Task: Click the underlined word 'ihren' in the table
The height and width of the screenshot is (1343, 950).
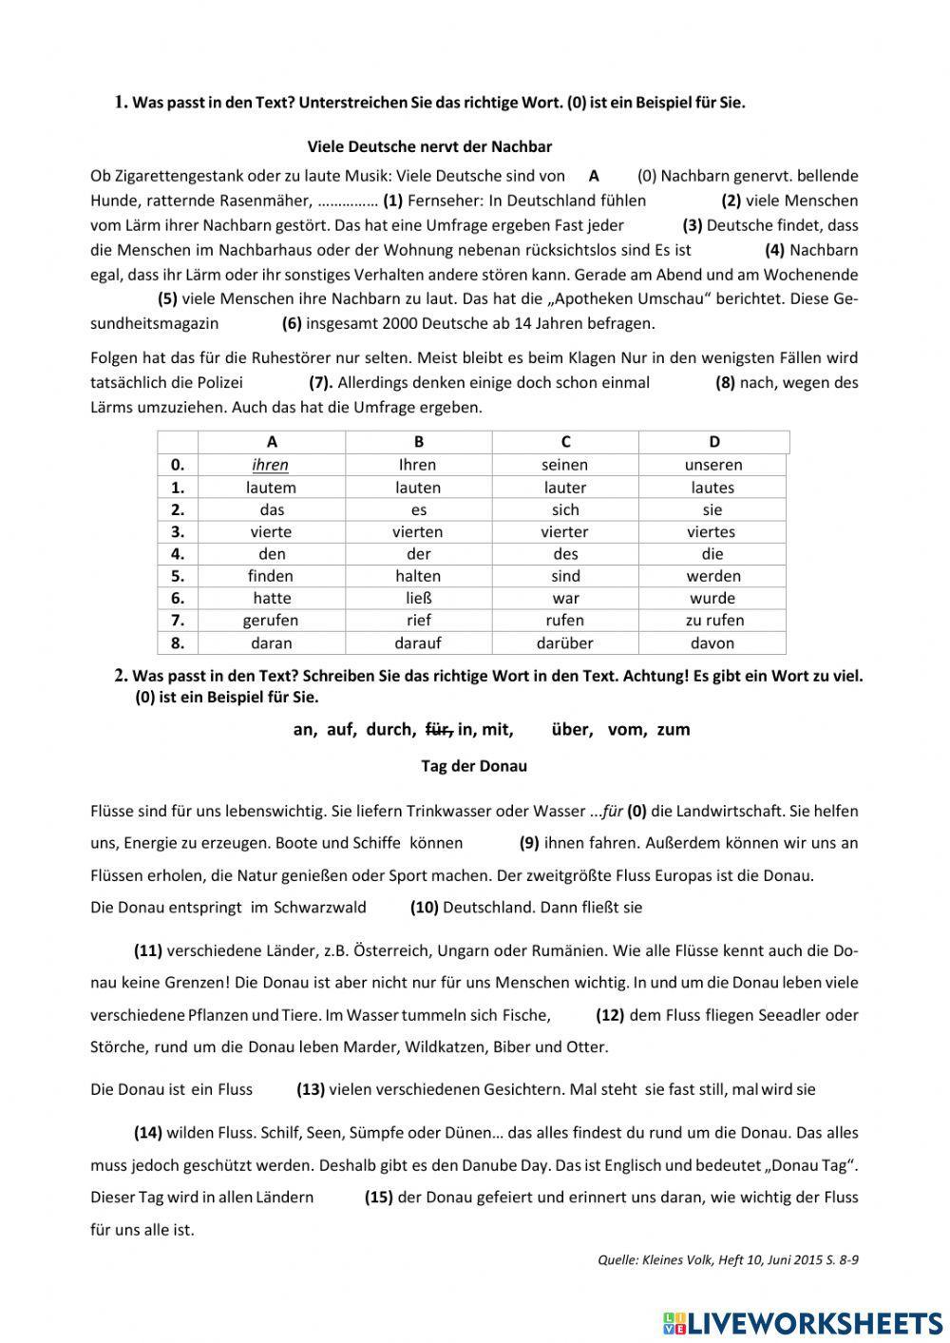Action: click(x=270, y=465)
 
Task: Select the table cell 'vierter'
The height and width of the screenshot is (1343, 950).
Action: click(x=564, y=531)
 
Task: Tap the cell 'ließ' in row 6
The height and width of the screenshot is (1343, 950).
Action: click(x=418, y=598)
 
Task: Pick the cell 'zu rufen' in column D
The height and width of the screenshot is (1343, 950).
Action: click(x=713, y=620)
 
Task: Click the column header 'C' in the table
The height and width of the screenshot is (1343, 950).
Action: click(x=565, y=441)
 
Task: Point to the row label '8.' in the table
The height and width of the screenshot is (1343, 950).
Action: click(x=177, y=643)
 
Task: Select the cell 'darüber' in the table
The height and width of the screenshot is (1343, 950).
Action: click(x=564, y=643)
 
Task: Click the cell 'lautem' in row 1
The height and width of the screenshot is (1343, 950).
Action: click(x=271, y=488)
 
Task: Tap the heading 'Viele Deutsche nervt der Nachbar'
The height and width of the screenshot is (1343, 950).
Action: click(x=429, y=146)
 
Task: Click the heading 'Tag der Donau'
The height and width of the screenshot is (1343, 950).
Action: click(x=473, y=765)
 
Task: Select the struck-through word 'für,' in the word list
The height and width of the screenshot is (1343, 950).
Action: click(x=437, y=729)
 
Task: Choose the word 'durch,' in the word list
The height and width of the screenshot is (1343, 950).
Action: click(x=389, y=729)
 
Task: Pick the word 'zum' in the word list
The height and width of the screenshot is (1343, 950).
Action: click(x=673, y=729)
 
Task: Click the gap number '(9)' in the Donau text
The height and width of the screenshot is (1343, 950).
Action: click(x=529, y=842)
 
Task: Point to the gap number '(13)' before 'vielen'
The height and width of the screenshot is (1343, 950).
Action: click(x=311, y=1089)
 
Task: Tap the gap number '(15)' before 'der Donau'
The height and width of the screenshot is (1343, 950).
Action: click(x=378, y=1197)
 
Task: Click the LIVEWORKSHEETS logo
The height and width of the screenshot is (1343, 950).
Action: click(x=803, y=1321)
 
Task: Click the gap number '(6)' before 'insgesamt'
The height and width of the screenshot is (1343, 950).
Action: click(x=292, y=323)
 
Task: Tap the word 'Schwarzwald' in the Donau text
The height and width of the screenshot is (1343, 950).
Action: click(x=319, y=907)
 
